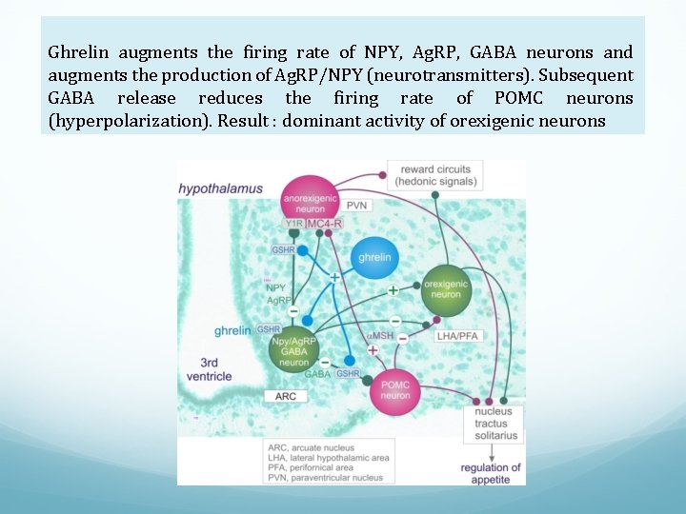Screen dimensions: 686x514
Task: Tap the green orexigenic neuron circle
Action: [445, 289]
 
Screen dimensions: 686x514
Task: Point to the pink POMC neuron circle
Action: [395, 390]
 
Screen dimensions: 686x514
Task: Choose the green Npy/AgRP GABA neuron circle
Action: [294, 349]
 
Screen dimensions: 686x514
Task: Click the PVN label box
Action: [358, 206]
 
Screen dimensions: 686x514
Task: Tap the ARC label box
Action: [286, 396]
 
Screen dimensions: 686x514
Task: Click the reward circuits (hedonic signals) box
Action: [435, 175]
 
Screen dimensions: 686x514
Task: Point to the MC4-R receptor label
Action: [324, 223]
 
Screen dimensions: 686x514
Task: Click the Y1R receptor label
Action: [294, 223]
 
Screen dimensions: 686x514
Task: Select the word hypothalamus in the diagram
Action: [220, 188]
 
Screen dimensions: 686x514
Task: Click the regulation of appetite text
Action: [491, 473]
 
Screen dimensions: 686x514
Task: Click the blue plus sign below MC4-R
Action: [334, 277]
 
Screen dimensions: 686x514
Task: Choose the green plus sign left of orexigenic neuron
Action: [393, 288]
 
